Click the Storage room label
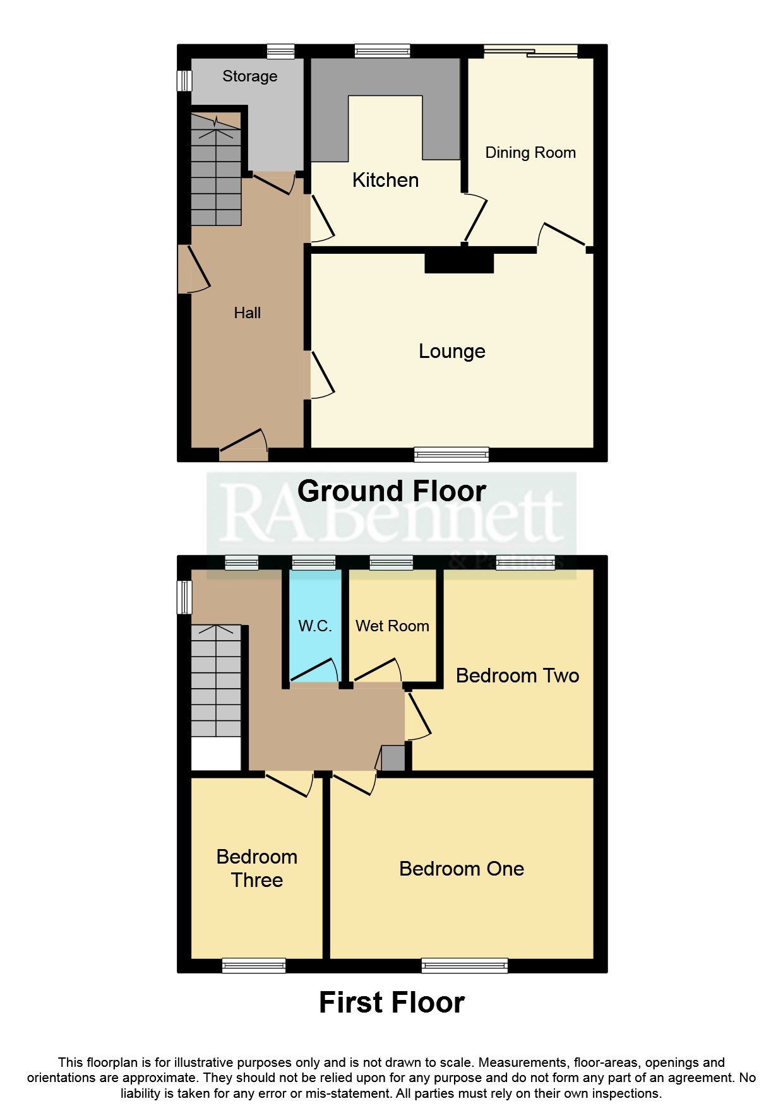point(249,76)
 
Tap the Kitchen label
point(385,180)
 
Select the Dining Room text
point(530,153)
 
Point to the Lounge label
point(452,351)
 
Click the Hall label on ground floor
point(247,312)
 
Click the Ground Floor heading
point(391,491)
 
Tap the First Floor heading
point(391,1002)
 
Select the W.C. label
point(315,626)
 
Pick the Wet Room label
point(392,626)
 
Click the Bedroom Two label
point(517,675)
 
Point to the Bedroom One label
point(462,869)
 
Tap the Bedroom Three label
point(256,868)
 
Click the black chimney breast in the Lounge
point(459,262)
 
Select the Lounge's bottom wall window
point(451,454)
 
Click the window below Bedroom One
point(465,965)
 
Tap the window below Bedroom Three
point(254,965)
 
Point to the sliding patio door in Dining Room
point(530,51)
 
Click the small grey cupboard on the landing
point(393,758)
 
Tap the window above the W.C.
point(314,562)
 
